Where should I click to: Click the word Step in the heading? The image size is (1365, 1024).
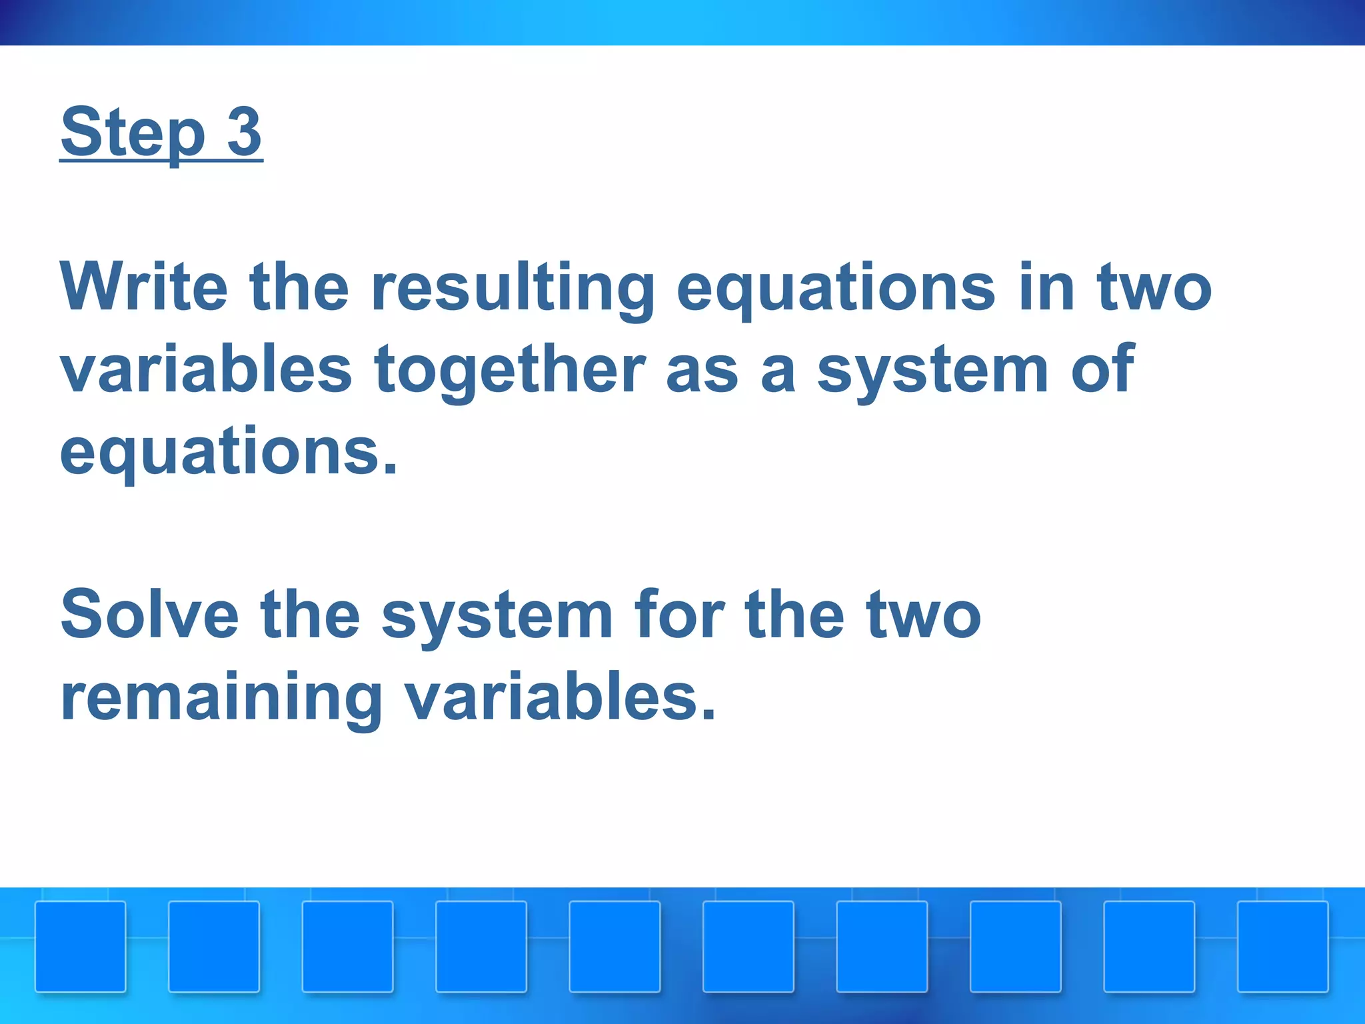click(133, 133)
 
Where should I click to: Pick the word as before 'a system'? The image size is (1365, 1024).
click(701, 371)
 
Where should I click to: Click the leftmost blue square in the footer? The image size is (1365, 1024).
click(80, 946)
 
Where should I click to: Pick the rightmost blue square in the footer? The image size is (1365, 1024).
click(1282, 946)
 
